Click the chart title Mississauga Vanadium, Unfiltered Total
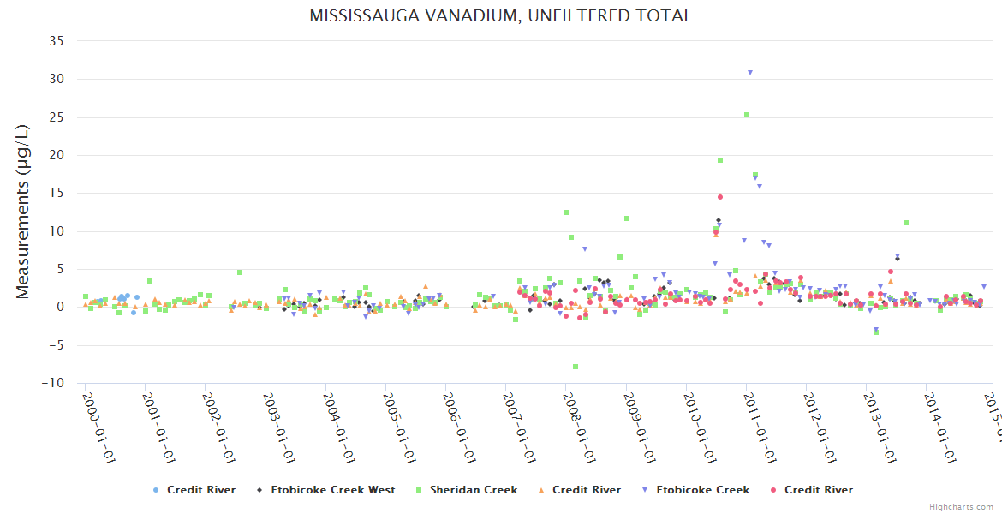[x=500, y=15]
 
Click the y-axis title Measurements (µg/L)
[x=23, y=211]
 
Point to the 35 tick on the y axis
[x=57, y=40]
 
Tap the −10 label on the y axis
[x=53, y=383]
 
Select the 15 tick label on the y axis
[x=57, y=193]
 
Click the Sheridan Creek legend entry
[x=474, y=490]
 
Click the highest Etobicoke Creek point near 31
[x=750, y=73]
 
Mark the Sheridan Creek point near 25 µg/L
[x=747, y=115]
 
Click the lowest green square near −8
[x=576, y=367]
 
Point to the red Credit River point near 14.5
[x=720, y=197]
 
